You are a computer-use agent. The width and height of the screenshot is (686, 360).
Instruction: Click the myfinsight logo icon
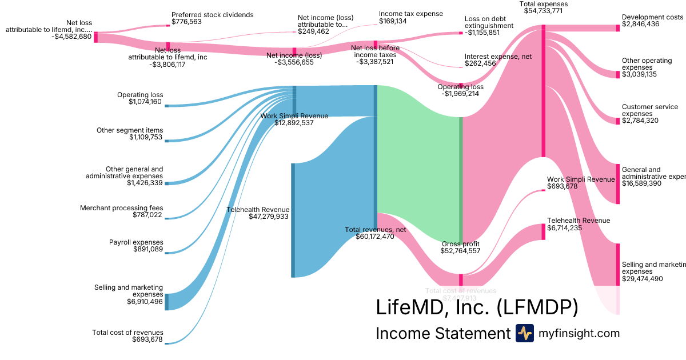coord(525,333)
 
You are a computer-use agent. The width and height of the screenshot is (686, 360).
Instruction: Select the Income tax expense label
coord(410,14)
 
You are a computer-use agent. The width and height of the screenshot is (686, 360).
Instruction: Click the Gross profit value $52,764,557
coord(460,251)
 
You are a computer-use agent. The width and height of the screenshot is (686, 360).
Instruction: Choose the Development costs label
coord(652,17)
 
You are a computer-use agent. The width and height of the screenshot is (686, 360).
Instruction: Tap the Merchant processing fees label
coord(122,208)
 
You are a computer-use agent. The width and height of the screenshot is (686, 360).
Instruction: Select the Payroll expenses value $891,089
coord(148,249)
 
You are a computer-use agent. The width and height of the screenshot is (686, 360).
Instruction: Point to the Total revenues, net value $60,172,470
coord(375,236)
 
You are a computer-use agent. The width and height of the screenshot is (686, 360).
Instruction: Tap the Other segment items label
coord(130,130)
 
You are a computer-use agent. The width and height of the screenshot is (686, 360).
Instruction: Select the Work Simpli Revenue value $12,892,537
coord(294,123)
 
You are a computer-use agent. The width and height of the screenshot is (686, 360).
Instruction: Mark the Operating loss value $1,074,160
coord(146,102)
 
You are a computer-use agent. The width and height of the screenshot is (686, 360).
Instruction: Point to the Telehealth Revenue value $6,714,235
coord(564,227)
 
